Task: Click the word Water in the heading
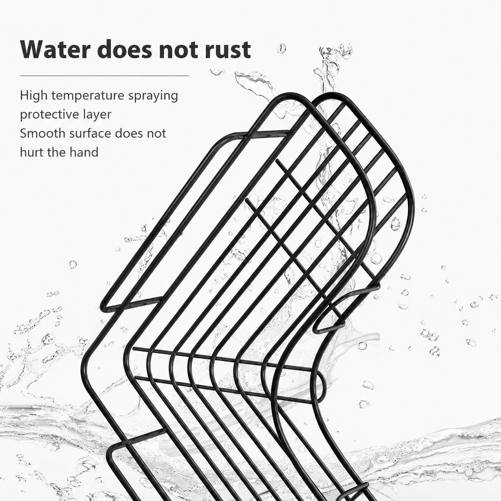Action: [56, 50]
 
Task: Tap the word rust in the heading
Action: [228, 50]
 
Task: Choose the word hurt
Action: [32, 152]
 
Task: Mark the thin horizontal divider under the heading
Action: [105, 76]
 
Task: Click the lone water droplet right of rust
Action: [282, 48]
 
